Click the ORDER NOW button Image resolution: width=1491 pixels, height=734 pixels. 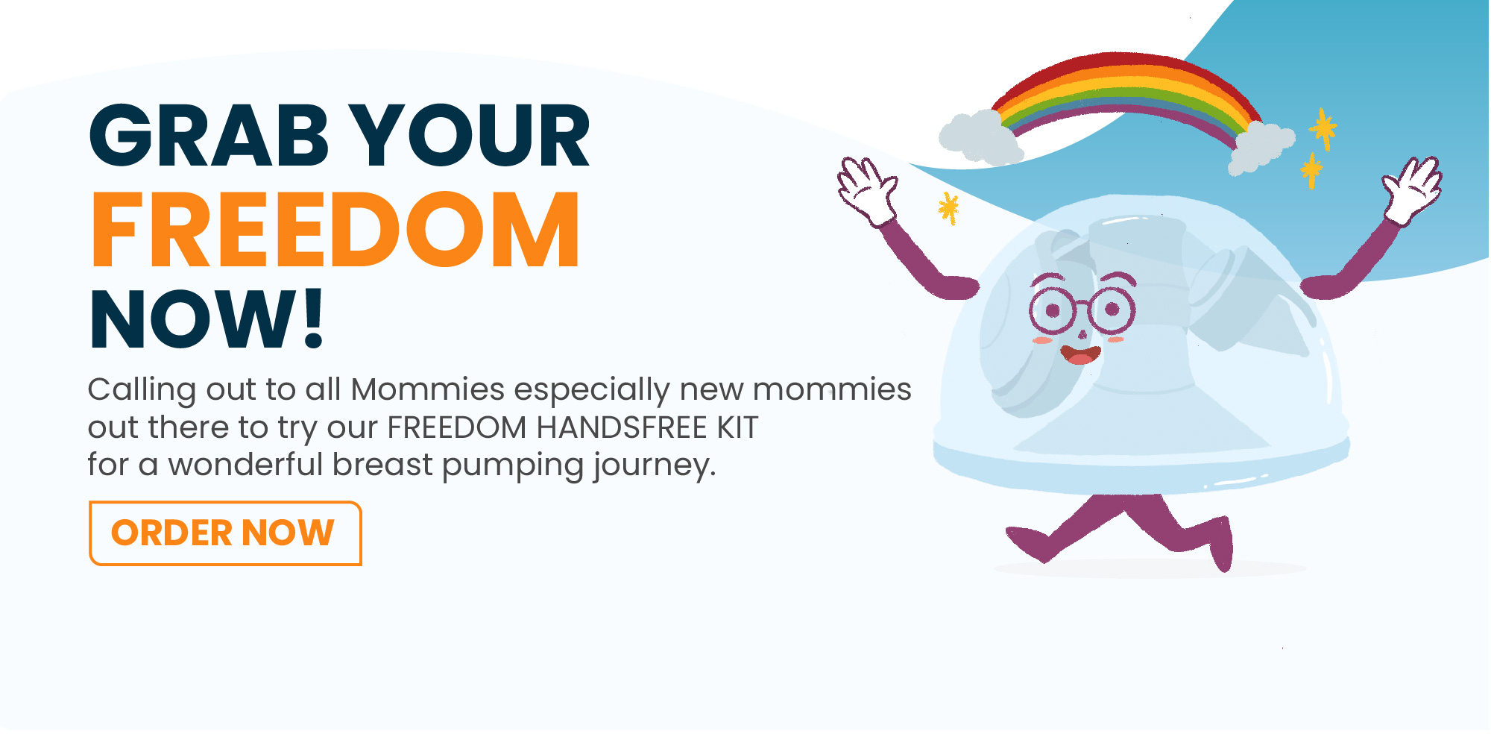point(225,533)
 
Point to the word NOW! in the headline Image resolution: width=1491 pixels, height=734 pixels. point(207,319)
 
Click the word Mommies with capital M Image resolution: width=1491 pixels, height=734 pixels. point(428,389)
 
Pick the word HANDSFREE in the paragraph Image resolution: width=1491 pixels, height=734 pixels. point(622,427)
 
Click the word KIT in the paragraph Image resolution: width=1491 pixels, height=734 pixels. point(738,427)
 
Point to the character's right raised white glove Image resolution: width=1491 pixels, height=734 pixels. point(1413,189)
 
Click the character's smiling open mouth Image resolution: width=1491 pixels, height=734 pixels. point(1080,354)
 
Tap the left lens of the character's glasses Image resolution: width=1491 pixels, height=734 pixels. point(1052,310)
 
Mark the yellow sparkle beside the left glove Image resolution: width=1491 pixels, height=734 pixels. point(948,207)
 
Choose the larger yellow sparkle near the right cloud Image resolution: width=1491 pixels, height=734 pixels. point(1323,128)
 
